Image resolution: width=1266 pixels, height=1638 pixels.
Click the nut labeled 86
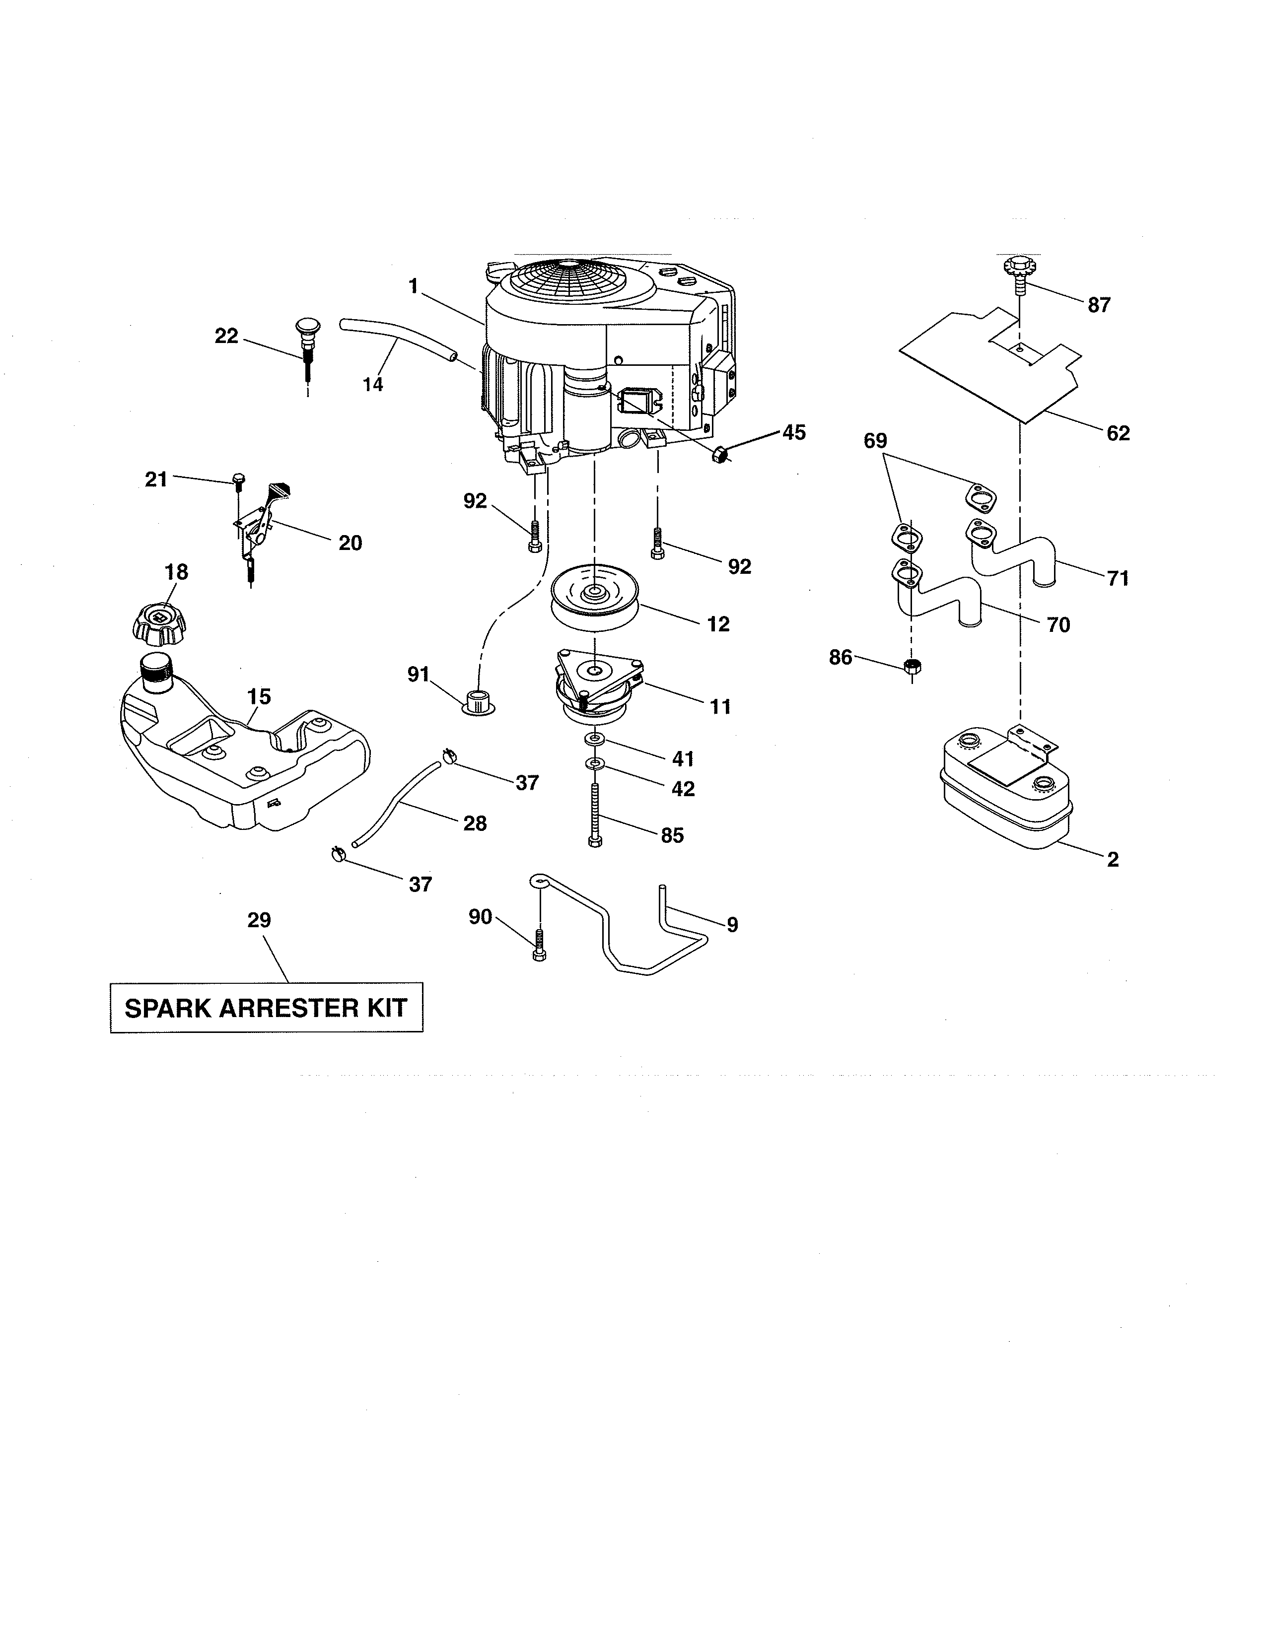tap(913, 666)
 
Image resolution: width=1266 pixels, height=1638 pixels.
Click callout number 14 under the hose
tap(373, 385)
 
